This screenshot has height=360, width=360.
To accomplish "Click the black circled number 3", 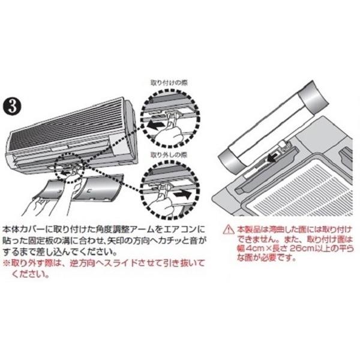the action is point(12,107).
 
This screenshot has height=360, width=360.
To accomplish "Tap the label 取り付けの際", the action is point(169,83).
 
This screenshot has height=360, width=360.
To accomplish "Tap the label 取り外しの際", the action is point(169,155).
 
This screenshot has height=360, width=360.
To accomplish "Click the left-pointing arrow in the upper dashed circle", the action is point(155,125).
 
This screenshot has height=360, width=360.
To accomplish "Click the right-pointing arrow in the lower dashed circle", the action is point(183,195).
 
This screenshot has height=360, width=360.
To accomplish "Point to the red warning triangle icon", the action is point(229,229).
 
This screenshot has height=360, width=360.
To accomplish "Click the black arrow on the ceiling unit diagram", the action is point(272,157).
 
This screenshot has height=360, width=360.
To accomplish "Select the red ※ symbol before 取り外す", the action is point(7,263).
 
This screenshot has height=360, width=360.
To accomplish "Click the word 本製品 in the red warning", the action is point(249,229).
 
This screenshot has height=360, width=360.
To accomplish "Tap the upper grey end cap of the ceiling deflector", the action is point(313,97).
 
